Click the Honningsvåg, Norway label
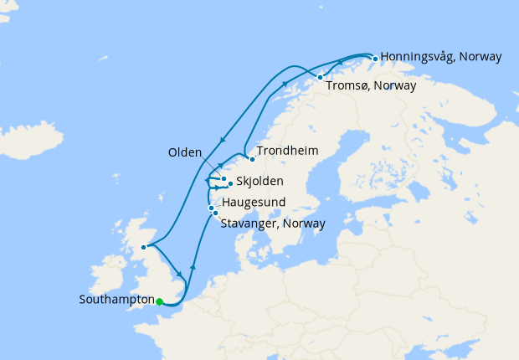tap(441, 57)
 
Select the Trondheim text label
tap(287, 151)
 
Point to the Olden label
tap(185, 152)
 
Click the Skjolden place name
tap(259, 182)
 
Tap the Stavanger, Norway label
tap(272, 223)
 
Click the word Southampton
tap(116, 299)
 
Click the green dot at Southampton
tap(159, 302)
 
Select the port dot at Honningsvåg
tap(374, 58)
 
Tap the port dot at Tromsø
tap(320, 78)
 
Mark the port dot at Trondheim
tap(251, 158)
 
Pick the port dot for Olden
tap(224, 178)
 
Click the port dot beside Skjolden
tap(230, 183)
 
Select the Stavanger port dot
tap(215, 213)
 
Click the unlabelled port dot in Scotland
tap(144, 247)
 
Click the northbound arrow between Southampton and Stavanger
tap(193, 266)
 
